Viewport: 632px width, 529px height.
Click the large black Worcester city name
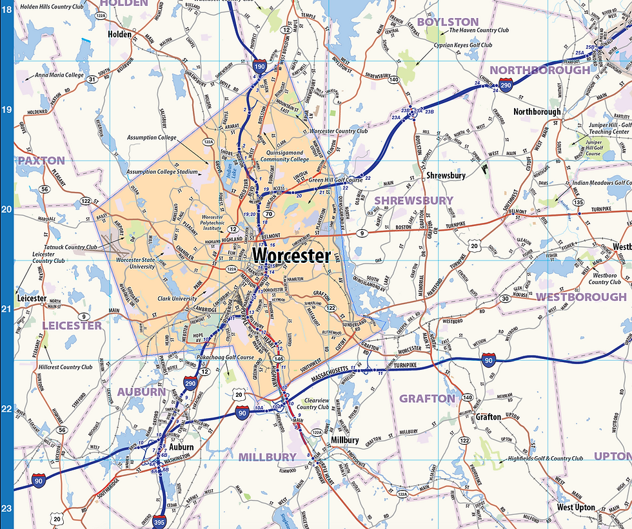point(291,256)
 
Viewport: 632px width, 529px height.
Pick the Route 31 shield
point(92,80)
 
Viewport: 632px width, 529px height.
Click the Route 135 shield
point(578,203)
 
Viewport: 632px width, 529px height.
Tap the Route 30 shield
point(505,298)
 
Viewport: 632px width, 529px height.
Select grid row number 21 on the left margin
point(6,310)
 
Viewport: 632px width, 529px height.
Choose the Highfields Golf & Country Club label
point(544,459)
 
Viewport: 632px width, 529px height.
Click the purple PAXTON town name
point(41,160)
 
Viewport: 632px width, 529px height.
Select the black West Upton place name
point(576,508)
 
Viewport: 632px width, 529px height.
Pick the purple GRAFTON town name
point(427,398)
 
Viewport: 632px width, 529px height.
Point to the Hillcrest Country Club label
point(65,367)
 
